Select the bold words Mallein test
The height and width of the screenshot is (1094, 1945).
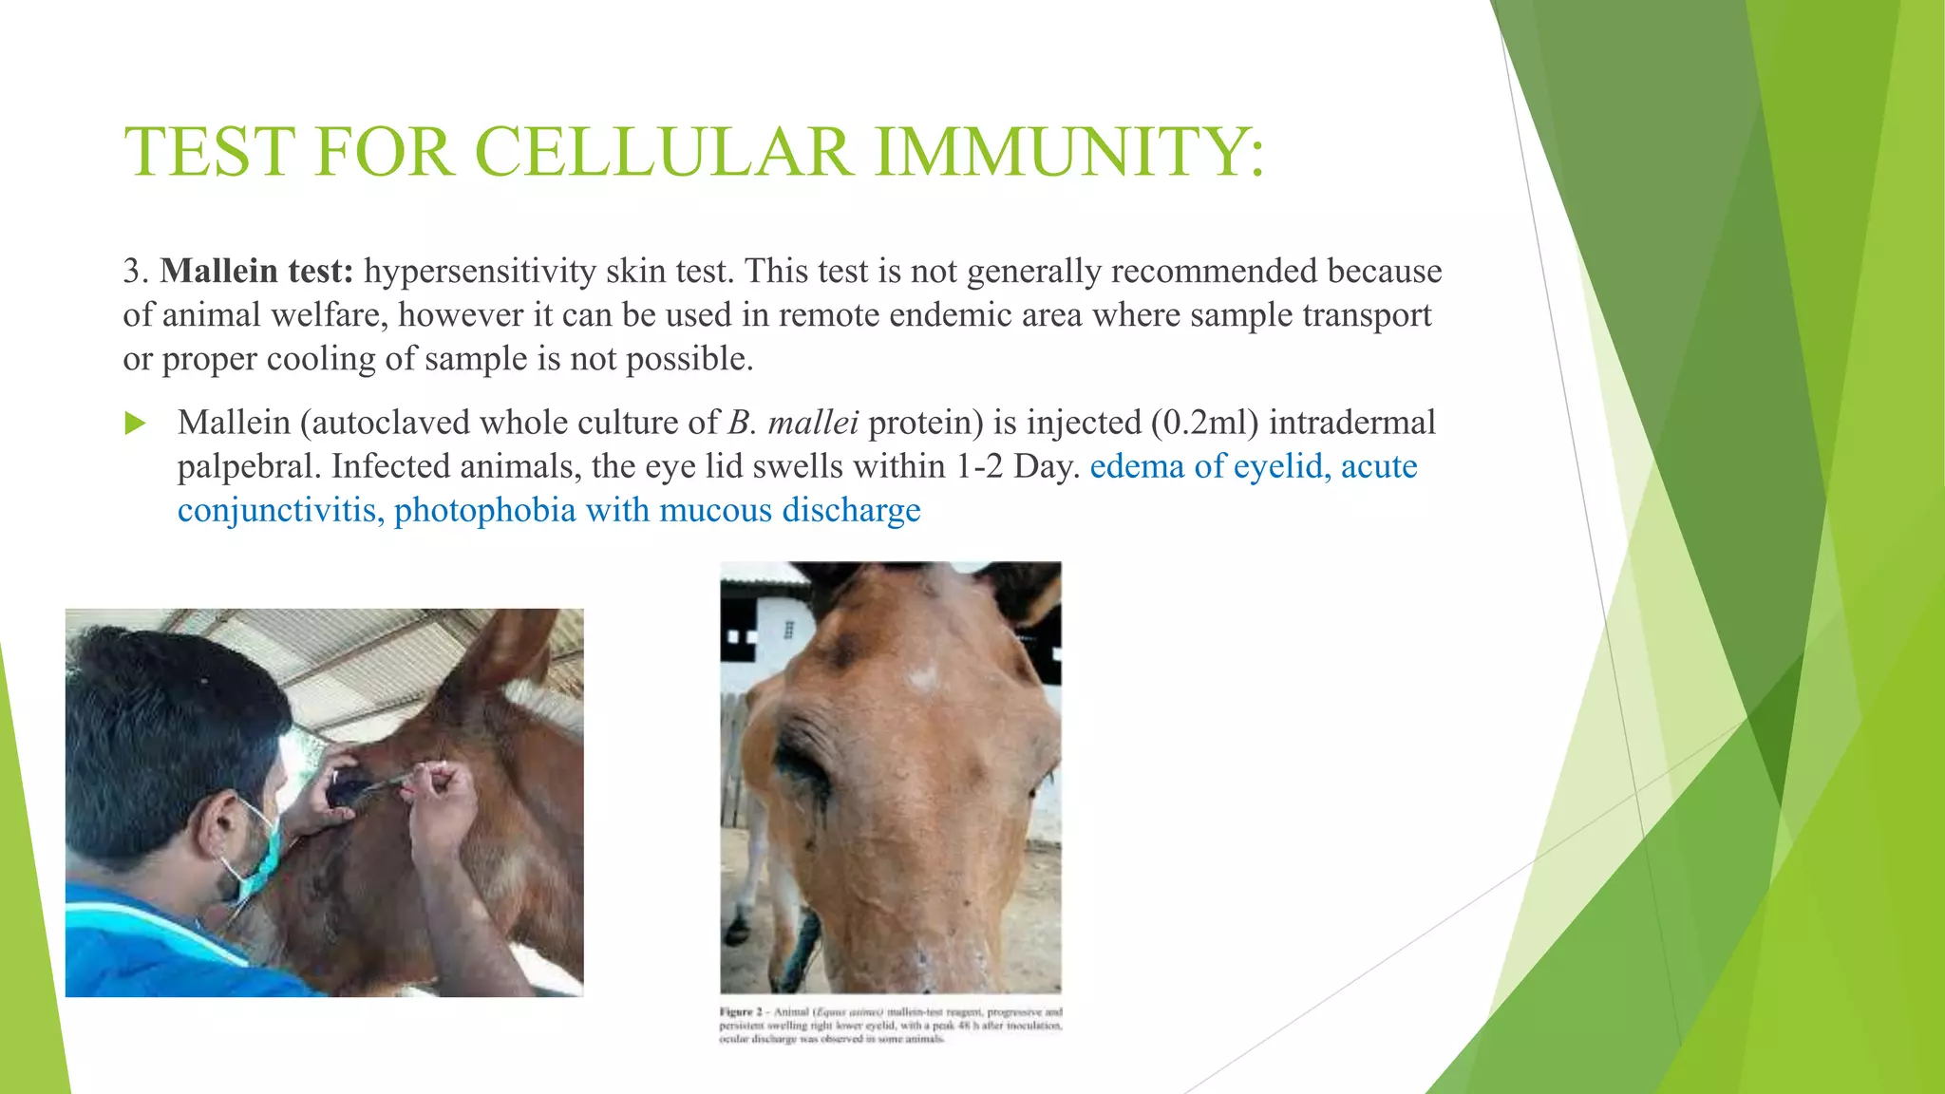pyautogui.click(x=256, y=272)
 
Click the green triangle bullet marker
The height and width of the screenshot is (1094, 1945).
pyautogui.click(x=136, y=424)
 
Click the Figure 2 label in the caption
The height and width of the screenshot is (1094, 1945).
pyautogui.click(x=741, y=1012)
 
